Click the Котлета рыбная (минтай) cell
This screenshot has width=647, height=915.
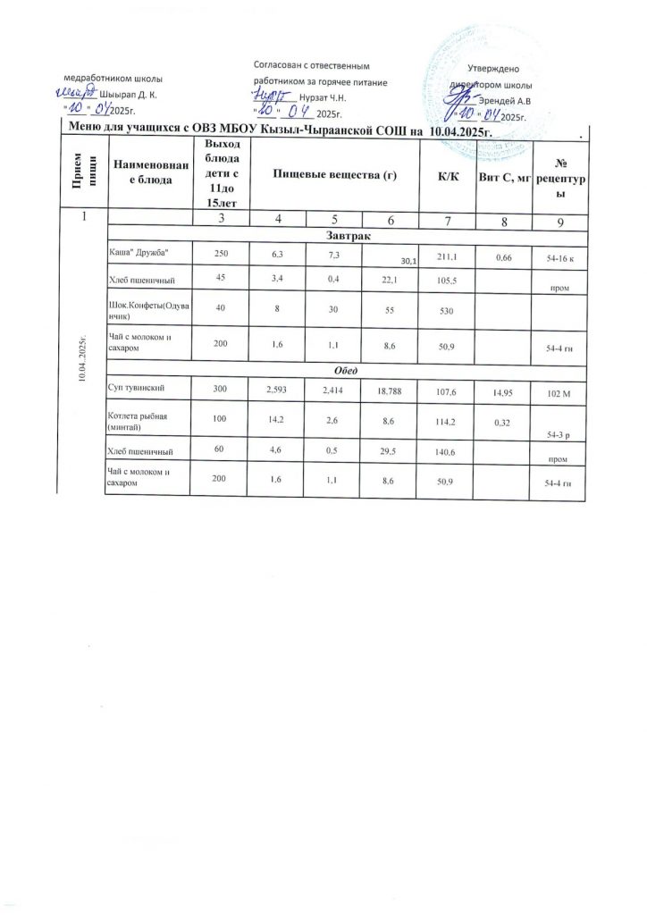point(137,422)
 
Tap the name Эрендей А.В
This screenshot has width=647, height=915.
point(508,100)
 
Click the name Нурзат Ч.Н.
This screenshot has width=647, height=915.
point(323,96)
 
